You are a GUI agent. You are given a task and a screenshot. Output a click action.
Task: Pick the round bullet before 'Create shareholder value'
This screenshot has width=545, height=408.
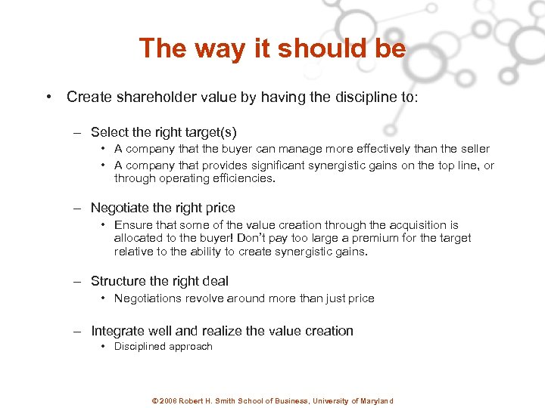pos(48,97)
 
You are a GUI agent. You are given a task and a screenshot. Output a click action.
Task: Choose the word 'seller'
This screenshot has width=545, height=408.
pos(473,149)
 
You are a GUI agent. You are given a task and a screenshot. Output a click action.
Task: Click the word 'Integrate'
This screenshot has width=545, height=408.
pos(120,331)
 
